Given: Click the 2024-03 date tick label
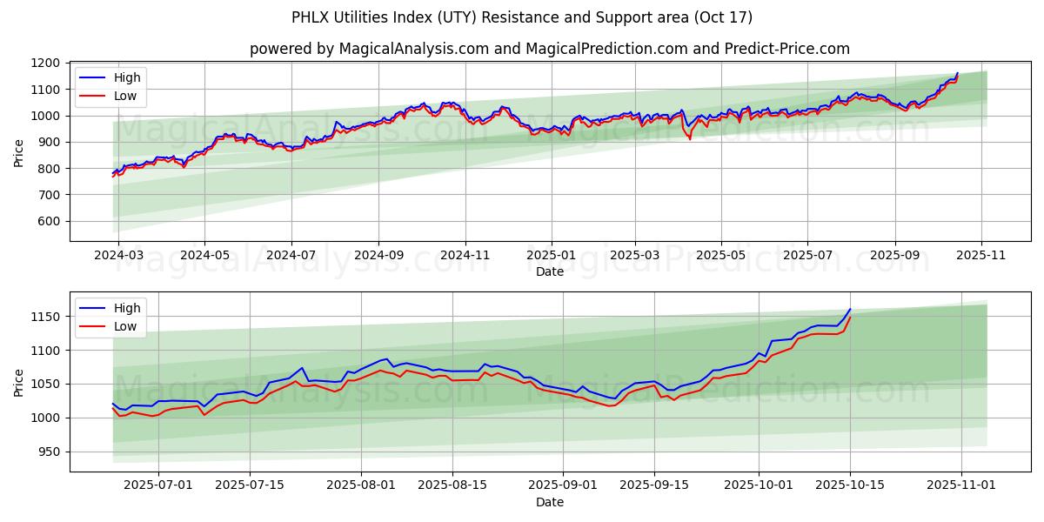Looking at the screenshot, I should [118, 256].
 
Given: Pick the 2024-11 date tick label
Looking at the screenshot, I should [465, 256].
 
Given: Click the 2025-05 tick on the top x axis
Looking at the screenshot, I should [720, 256].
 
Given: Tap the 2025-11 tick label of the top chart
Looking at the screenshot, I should [981, 256].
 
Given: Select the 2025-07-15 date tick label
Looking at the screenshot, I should [250, 485].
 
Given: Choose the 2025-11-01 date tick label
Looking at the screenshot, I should [960, 485].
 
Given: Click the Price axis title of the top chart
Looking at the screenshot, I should [19, 153].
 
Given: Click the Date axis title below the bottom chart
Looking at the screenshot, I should [549, 502].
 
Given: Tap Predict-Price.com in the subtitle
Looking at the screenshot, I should [788, 49].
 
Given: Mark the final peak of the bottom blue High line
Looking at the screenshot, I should [850, 309].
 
